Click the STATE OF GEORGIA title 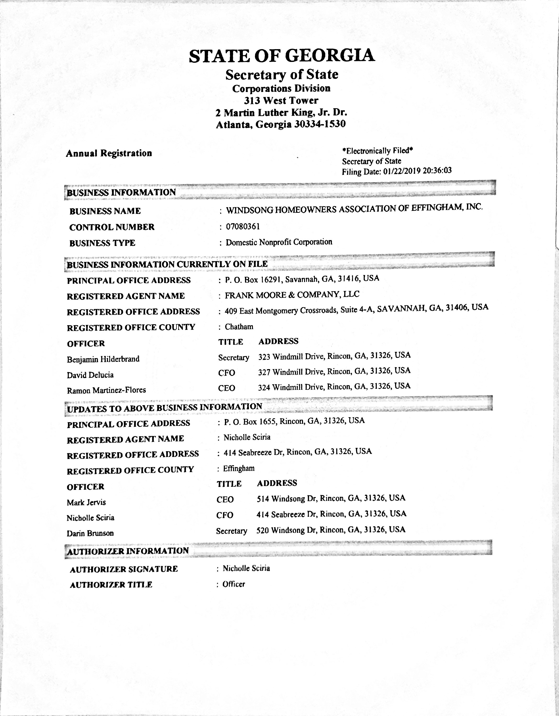pyautogui.click(x=282, y=56)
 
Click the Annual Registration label pyautogui.click(x=109, y=153)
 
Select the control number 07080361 pyautogui.click(x=243, y=227)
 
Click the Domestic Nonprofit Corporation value pyautogui.click(x=279, y=242)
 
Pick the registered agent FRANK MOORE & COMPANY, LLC pyautogui.click(x=292, y=295)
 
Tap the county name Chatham pyautogui.click(x=239, y=327)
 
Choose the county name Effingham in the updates pyautogui.click(x=239, y=468)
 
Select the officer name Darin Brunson pyautogui.click(x=90, y=533)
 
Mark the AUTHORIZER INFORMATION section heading pyautogui.click(x=128, y=551)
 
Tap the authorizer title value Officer pyautogui.click(x=234, y=584)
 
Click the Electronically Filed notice pyautogui.click(x=377, y=151)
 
